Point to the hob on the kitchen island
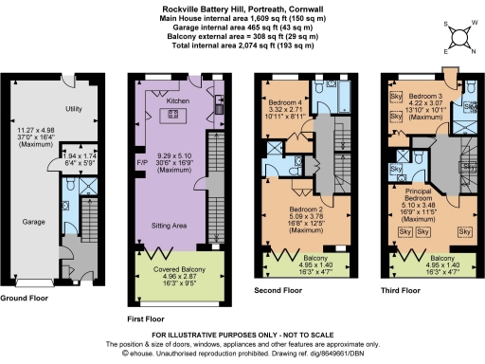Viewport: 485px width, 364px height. pos(174,116)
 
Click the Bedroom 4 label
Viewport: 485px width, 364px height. pos(283,101)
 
